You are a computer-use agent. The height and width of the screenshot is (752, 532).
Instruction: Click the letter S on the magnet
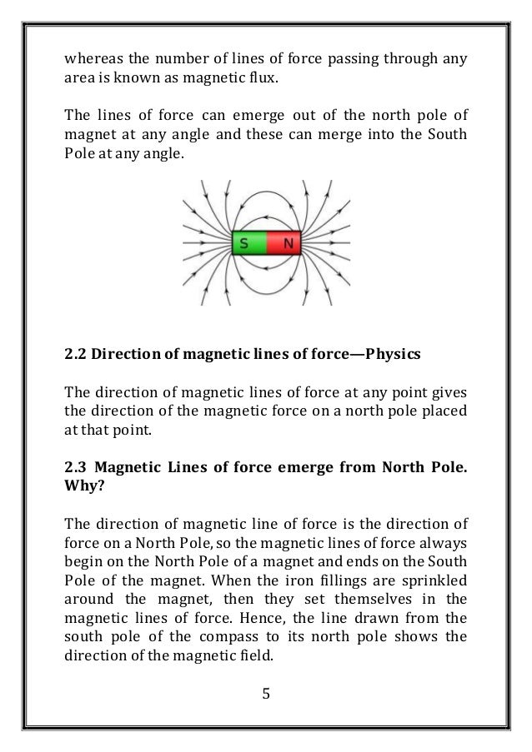point(244,244)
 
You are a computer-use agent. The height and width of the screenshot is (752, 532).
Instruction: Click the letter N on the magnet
point(289,244)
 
